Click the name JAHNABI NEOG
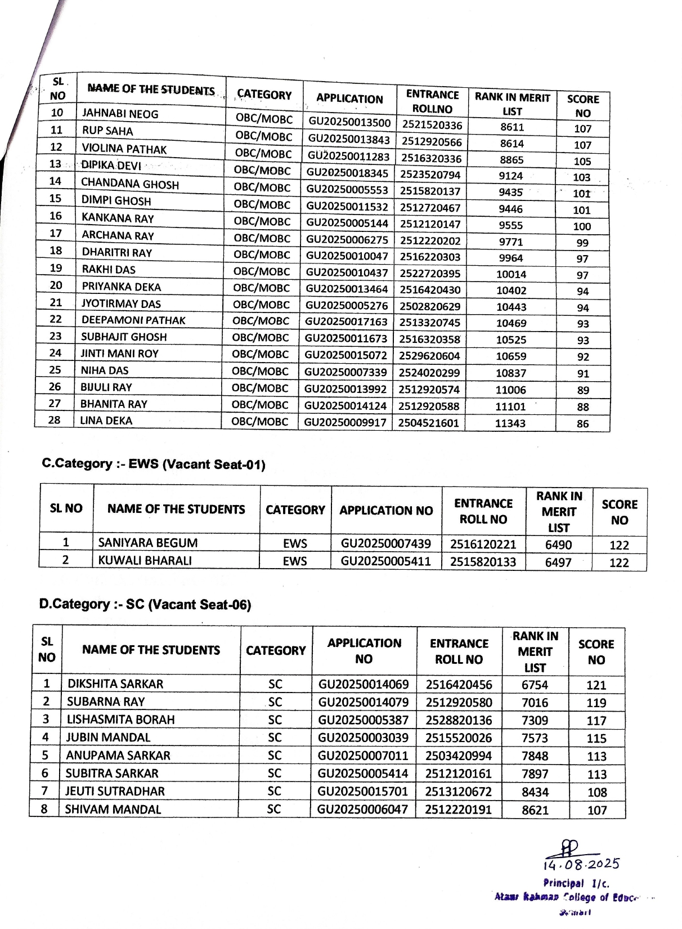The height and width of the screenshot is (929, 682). [120, 114]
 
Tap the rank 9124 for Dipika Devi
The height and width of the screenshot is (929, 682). [510, 176]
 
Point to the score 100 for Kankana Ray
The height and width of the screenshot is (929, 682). [582, 226]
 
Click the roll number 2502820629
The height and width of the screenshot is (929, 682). [430, 306]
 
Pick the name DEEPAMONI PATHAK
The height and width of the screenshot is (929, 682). [133, 320]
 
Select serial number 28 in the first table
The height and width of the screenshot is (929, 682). [54, 420]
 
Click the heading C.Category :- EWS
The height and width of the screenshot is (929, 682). [154, 464]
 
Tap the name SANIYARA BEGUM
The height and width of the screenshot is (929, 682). [148, 543]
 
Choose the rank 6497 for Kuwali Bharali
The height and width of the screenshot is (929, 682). [558, 562]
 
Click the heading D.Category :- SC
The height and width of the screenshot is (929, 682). [145, 605]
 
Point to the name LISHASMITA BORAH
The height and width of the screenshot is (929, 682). [120, 720]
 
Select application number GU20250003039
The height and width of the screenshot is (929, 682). [364, 738]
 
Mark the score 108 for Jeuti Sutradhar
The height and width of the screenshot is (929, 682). [597, 792]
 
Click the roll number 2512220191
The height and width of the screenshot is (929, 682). [458, 810]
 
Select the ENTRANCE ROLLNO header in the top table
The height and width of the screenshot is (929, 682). [432, 101]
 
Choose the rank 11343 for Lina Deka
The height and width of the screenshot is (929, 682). [510, 423]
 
